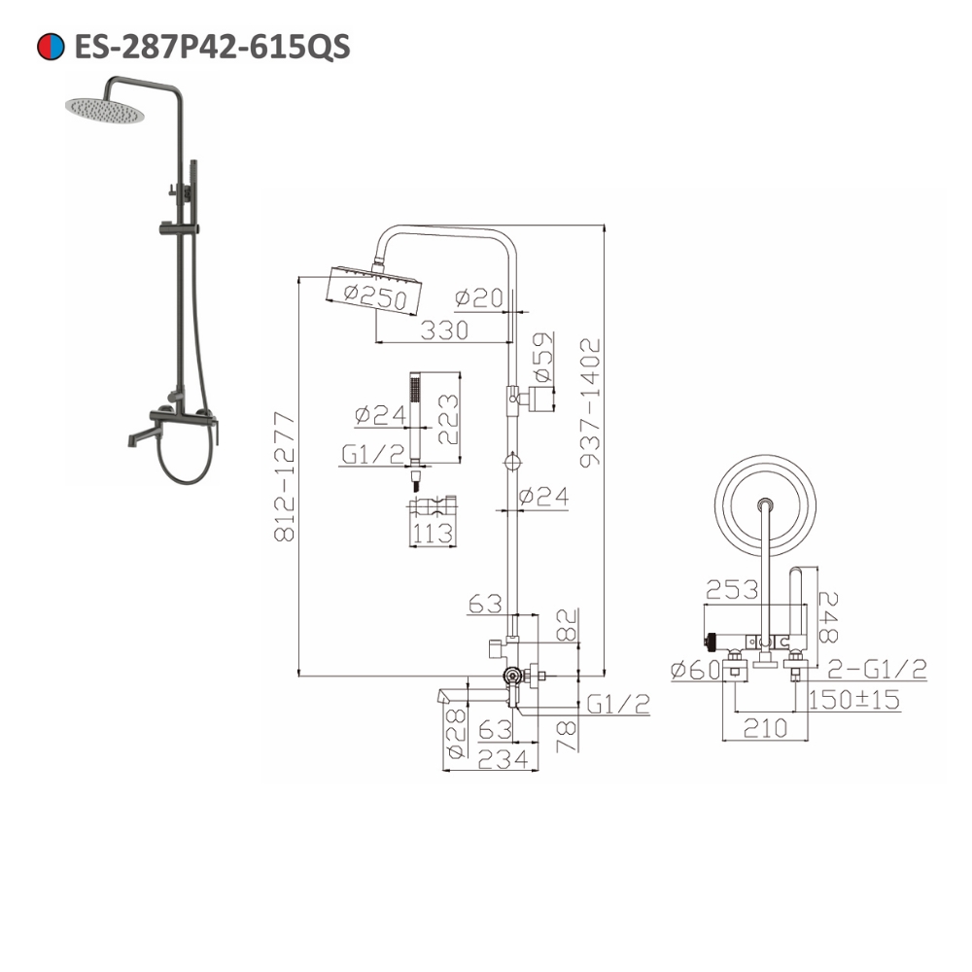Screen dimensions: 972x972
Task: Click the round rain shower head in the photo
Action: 105,109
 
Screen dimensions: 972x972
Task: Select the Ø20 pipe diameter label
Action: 479,298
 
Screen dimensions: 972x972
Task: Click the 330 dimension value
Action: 444,330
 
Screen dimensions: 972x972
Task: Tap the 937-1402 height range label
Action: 590,402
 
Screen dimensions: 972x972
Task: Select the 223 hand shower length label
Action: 447,418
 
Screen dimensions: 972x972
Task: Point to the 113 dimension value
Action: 432,533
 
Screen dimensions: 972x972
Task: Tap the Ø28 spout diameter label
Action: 455,731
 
